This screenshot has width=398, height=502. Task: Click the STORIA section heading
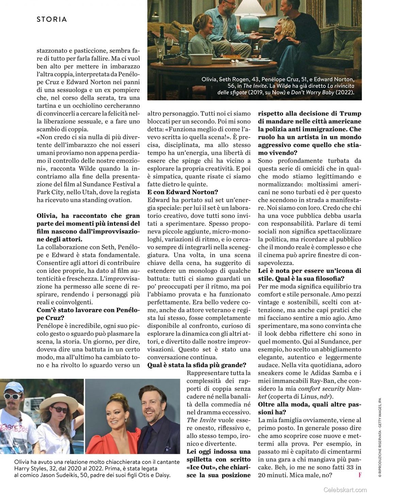pyautogui.click(x=52, y=19)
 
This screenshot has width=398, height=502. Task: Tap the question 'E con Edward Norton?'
pyautogui.click(x=183, y=192)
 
